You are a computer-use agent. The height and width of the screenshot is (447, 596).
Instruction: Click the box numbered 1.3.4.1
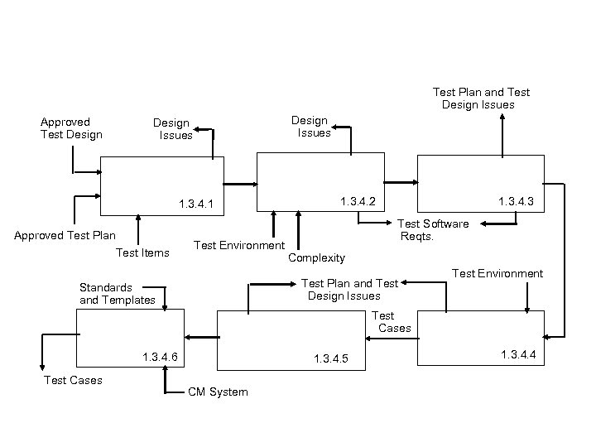(162, 187)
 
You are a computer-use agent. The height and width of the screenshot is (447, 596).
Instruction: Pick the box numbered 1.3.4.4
(480, 337)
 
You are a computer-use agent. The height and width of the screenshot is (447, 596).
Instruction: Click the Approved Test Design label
(71, 128)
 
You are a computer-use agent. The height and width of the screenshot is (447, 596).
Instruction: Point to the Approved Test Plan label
(65, 235)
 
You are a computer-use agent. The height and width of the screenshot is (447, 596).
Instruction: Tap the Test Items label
(142, 252)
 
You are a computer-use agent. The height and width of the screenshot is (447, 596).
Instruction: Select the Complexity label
(316, 258)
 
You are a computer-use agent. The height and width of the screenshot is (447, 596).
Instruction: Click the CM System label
(218, 392)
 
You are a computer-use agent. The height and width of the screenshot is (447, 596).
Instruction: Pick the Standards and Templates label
(117, 294)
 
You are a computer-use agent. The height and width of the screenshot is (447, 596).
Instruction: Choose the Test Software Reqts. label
(433, 230)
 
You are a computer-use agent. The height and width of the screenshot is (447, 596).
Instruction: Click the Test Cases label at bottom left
(73, 380)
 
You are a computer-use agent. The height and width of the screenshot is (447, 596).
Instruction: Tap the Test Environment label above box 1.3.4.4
(497, 273)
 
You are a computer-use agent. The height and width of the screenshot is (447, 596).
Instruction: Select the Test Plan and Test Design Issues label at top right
(481, 99)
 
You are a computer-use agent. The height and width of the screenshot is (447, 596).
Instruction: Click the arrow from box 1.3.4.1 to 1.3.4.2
(241, 185)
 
